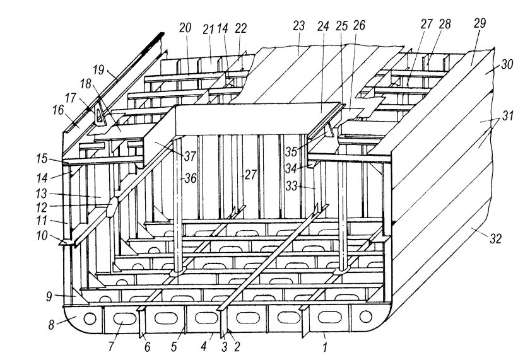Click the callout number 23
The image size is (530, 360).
point(299,26)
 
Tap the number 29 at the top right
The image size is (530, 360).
point(480,23)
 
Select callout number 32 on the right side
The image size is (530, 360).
point(495,239)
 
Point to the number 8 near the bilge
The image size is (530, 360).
point(51,325)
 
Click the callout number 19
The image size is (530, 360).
point(98,71)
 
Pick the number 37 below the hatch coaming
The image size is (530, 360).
point(190,156)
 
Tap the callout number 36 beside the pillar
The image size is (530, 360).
point(191,178)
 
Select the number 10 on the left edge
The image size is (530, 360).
point(42,235)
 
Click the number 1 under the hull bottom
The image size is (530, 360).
point(325,347)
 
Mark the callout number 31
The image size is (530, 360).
point(507,116)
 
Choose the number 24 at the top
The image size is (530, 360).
point(323,26)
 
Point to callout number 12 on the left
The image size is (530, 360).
point(42,207)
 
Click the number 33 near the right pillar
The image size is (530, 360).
point(291,185)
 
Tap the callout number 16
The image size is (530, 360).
point(58,110)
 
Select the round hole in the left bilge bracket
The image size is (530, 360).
point(90,318)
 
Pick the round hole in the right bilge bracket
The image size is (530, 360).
point(366,316)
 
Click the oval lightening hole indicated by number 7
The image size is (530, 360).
point(124,318)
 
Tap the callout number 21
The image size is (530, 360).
point(209,30)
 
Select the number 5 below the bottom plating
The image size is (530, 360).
point(174,347)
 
